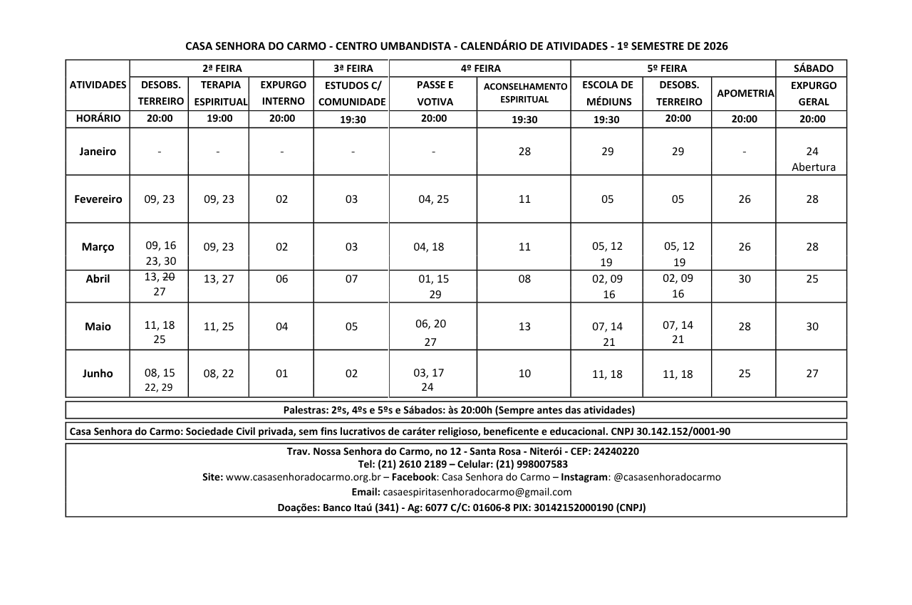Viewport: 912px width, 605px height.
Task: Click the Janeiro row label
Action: (x=98, y=152)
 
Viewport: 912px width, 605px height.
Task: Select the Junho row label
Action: (x=98, y=374)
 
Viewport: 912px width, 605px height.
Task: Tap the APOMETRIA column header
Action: (x=745, y=93)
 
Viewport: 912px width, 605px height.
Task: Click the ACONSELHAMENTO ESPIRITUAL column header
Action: (x=525, y=93)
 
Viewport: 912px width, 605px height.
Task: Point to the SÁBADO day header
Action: (x=813, y=68)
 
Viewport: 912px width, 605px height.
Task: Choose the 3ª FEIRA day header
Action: (x=352, y=68)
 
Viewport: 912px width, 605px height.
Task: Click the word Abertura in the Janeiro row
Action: (x=813, y=168)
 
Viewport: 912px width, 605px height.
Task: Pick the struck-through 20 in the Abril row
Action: (x=170, y=277)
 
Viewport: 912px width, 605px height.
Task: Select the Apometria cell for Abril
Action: (x=745, y=279)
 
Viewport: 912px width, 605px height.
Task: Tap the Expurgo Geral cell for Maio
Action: (x=812, y=327)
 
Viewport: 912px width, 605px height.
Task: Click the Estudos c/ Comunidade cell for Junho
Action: (x=351, y=374)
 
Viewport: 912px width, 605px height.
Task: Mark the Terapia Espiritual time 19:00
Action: (x=219, y=119)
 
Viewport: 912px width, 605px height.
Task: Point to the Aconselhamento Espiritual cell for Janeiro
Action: (x=524, y=152)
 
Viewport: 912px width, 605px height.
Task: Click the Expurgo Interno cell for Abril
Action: (x=282, y=279)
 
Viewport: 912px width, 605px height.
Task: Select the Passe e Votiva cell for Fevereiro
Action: (x=433, y=199)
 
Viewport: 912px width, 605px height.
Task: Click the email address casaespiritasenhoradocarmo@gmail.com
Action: (x=477, y=492)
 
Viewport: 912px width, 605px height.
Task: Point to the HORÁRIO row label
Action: (x=98, y=119)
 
